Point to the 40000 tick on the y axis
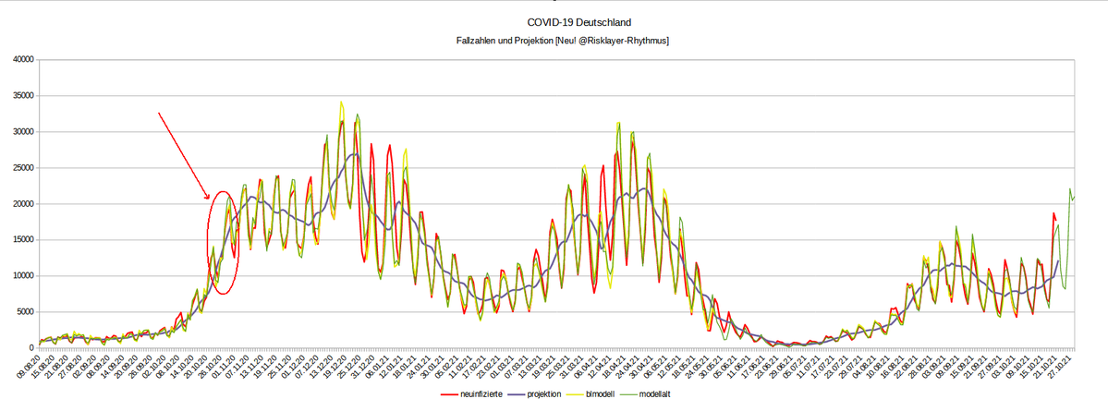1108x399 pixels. click(x=21, y=60)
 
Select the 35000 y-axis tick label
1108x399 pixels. click(x=21, y=96)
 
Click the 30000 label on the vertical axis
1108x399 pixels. click(x=21, y=132)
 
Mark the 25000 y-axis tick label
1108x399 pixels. click(x=21, y=168)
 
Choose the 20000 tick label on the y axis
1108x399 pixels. click(x=21, y=204)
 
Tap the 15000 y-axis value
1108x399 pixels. click(x=21, y=240)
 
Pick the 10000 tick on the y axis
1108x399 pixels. click(x=21, y=276)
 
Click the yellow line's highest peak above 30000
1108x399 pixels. click(x=341, y=103)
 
